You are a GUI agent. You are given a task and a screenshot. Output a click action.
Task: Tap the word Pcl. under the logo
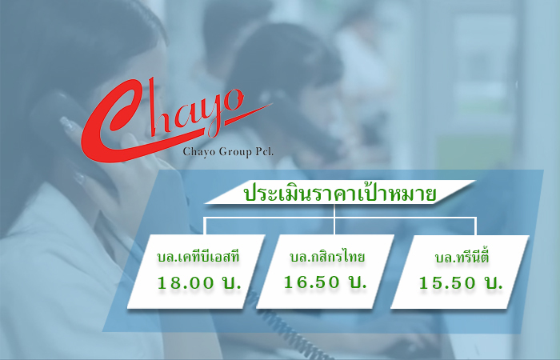point(264,151)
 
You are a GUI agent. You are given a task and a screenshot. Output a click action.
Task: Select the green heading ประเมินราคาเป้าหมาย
point(340,194)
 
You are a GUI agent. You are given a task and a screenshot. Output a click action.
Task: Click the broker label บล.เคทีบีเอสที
point(198,257)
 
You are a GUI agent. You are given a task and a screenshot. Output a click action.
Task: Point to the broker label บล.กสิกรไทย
point(327,256)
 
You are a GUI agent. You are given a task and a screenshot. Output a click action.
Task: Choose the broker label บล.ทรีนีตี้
point(462,257)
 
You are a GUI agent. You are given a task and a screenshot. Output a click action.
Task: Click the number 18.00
point(186,283)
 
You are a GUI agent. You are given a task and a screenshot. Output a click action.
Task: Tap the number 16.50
point(311,282)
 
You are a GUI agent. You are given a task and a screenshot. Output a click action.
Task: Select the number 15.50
point(447,283)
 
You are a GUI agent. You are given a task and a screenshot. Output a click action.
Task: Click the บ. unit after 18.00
point(231,283)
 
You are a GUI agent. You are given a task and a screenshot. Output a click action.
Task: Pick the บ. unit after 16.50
point(357,282)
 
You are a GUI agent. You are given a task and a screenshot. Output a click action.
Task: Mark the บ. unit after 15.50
point(494,283)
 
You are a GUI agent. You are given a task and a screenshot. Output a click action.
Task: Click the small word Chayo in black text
point(199,152)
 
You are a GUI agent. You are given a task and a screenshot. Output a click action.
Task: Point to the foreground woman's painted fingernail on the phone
point(67,123)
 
